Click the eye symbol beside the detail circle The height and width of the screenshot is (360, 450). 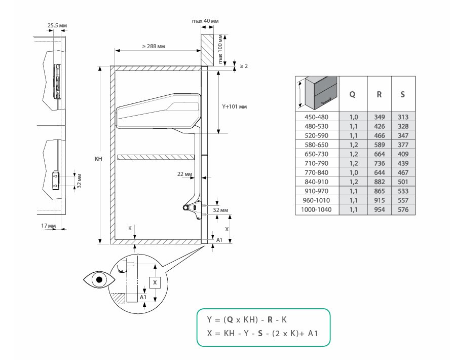point(99,279)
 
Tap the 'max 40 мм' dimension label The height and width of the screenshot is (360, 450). point(205,21)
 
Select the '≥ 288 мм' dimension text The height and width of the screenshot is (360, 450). point(154,46)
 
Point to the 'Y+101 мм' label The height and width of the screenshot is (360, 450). point(235,107)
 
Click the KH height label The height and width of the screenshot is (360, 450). point(98,159)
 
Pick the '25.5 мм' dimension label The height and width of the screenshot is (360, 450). point(57,25)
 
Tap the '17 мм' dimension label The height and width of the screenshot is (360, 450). point(48,226)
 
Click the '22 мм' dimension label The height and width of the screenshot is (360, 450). point(184,174)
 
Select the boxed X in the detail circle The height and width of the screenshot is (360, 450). point(155,283)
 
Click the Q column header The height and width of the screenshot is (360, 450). point(352,94)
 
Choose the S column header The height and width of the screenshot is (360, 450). point(403,94)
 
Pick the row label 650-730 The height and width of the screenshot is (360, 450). point(316,154)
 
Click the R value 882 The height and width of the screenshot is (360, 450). point(380,182)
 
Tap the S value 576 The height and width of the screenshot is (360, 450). point(403,209)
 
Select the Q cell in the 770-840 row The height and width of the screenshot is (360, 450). point(354,172)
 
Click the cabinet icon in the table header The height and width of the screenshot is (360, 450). point(318,93)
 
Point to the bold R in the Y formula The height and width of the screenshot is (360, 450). point(270,319)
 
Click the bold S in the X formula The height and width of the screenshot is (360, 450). point(260,333)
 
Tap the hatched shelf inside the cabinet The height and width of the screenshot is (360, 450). point(156,157)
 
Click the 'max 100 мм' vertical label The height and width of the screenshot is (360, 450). point(220,49)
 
